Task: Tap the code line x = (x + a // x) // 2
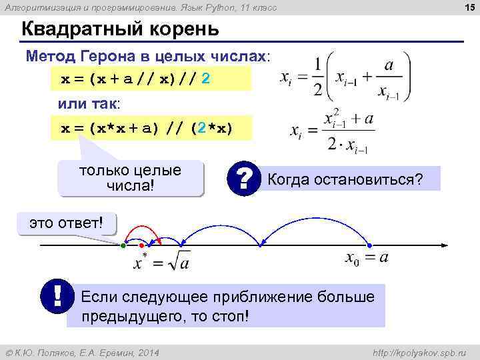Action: tap(137, 79)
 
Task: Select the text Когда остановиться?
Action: tap(345, 179)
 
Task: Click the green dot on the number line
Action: tap(123, 246)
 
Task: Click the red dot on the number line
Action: tap(141, 246)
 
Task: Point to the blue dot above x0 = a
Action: tap(369, 246)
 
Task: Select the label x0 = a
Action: tap(367, 259)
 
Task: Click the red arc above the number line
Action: tap(152, 231)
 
